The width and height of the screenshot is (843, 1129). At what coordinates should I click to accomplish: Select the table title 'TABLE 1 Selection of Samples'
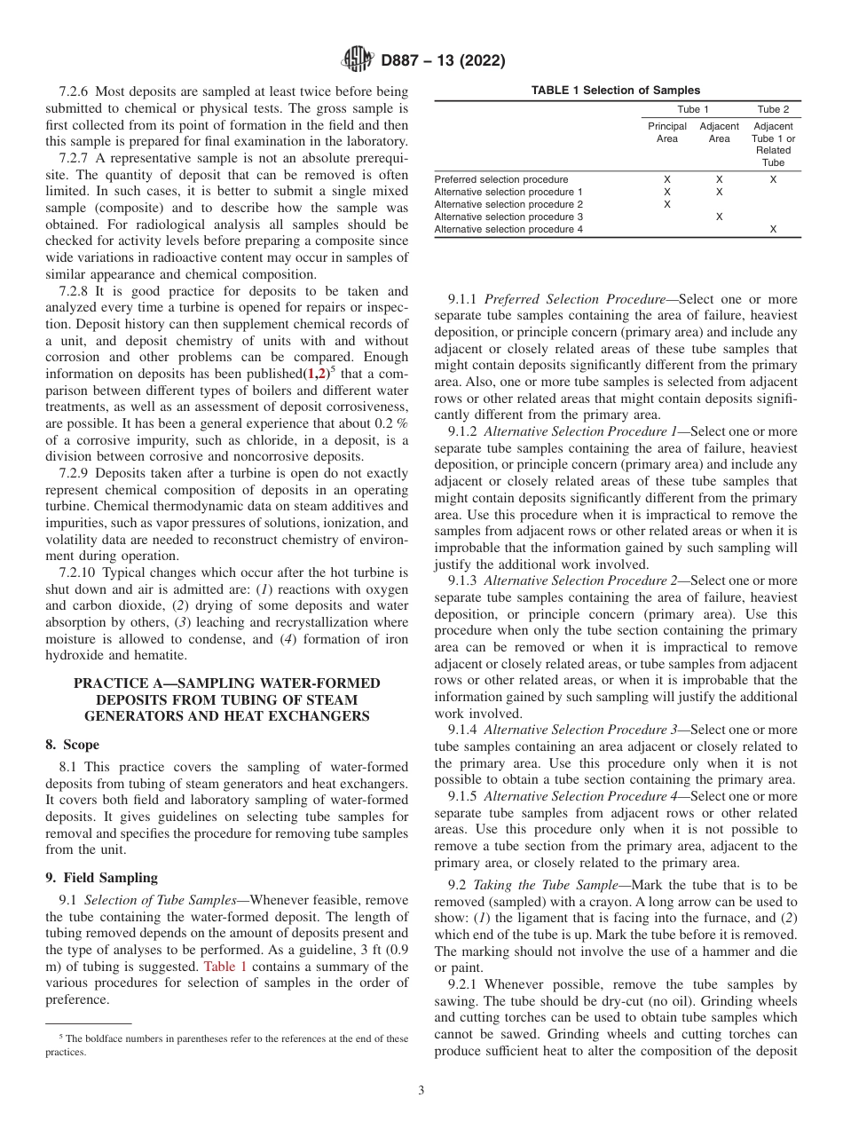click(615, 91)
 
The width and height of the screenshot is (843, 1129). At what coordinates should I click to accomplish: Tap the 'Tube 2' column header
click(773, 109)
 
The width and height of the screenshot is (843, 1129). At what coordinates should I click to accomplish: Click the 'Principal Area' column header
click(666, 132)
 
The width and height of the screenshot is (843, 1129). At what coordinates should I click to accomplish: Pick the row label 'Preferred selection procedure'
click(501, 179)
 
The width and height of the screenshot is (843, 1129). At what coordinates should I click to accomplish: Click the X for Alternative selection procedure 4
click(773, 229)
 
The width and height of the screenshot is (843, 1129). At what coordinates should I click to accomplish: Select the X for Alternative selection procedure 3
click(719, 217)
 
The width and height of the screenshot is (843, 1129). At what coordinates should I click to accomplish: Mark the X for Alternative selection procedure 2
click(667, 204)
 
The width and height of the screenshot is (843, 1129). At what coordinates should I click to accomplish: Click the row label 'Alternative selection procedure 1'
click(508, 192)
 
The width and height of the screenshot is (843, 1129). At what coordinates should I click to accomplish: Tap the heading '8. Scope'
click(72, 745)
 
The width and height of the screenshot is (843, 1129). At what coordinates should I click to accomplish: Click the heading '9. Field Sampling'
click(101, 878)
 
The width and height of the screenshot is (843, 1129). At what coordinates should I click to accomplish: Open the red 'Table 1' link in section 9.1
click(225, 966)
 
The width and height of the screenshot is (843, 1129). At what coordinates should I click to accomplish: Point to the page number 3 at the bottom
click(421, 1090)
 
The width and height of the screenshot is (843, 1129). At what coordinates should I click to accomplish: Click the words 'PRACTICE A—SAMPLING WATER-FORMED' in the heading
click(226, 683)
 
